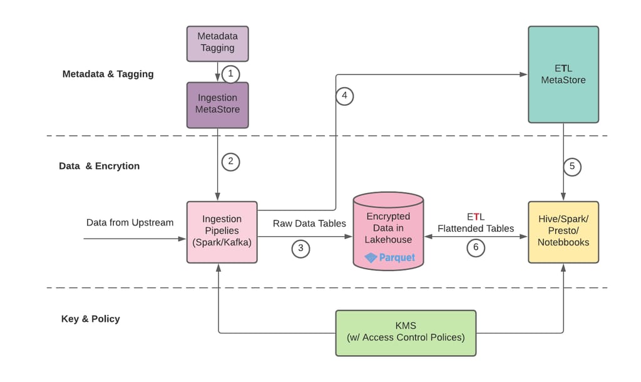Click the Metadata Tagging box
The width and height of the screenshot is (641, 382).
[x=217, y=43]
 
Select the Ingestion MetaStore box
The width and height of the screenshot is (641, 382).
[x=217, y=103]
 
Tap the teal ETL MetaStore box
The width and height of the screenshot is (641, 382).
[x=563, y=74]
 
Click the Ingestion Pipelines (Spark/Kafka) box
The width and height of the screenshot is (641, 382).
[x=222, y=232]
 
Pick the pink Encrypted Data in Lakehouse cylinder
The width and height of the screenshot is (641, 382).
[x=389, y=231]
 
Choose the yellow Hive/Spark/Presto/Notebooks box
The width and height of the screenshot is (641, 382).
[x=563, y=232]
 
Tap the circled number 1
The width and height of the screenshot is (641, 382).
[x=230, y=74]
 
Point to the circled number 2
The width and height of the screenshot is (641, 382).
[x=230, y=161]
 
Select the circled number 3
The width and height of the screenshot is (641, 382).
[x=301, y=248]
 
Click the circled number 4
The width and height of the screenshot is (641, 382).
[x=344, y=97]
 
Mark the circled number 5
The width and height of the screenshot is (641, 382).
[x=572, y=167]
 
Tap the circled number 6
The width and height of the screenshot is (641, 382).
[x=476, y=247]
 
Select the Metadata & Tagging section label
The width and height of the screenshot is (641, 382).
[x=108, y=74]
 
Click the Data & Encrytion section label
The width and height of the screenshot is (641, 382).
[x=99, y=166]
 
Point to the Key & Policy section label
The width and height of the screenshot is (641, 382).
[x=90, y=319]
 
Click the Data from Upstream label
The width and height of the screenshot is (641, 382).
[x=130, y=222]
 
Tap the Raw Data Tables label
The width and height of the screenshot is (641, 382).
[x=309, y=223]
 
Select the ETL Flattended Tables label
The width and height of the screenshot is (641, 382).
[x=475, y=222]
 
